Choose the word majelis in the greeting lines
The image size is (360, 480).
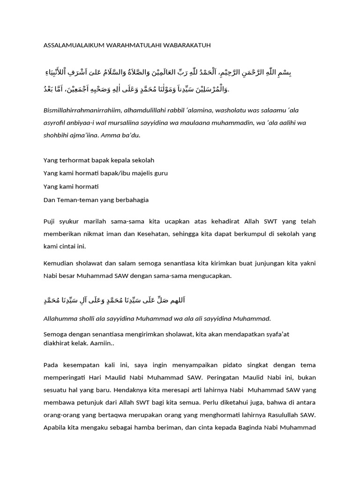click(x=136, y=173)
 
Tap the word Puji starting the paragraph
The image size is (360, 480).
click(x=49, y=221)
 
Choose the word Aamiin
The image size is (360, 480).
click(x=111, y=344)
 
